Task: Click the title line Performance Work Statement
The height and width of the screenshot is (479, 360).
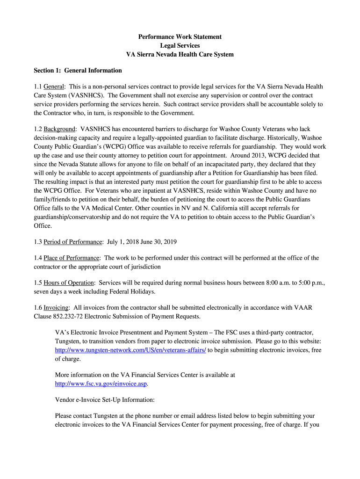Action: tap(180, 36)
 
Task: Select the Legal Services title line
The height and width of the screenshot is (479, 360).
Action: tap(180, 45)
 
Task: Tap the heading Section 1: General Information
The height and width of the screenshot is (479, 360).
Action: tap(78, 71)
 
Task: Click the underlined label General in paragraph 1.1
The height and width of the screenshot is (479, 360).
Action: tap(54, 87)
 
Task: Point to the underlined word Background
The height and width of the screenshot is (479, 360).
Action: tap(59, 129)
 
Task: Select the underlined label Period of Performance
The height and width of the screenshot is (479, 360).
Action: tap(73, 242)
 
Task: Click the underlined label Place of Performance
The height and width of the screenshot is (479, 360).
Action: tap(72, 258)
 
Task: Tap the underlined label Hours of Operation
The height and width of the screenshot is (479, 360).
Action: tap(70, 283)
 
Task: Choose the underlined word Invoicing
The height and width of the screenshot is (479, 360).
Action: tap(57, 307)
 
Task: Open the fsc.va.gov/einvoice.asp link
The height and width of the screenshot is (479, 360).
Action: tap(101, 384)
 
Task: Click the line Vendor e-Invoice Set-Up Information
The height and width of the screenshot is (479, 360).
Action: tap(104, 400)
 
